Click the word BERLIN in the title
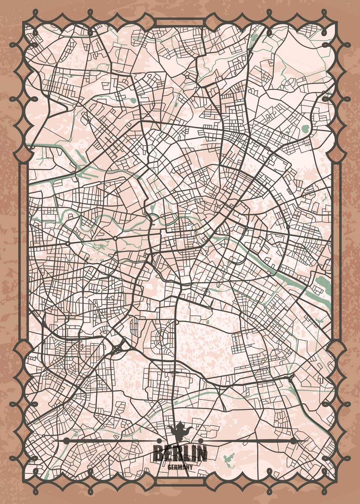point(180,454)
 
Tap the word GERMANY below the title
point(180,467)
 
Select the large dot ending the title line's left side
point(66,441)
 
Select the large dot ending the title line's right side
point(293,441)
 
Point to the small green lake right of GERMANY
point(228,458)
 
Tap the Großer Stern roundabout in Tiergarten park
point(115,239)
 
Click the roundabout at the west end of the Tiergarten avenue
point(68,243)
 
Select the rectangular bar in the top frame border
point(180,22)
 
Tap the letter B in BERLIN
point(158,454)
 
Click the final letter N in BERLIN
point(202,454)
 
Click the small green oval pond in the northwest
point(134,100)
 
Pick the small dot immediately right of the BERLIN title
point(200,441)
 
